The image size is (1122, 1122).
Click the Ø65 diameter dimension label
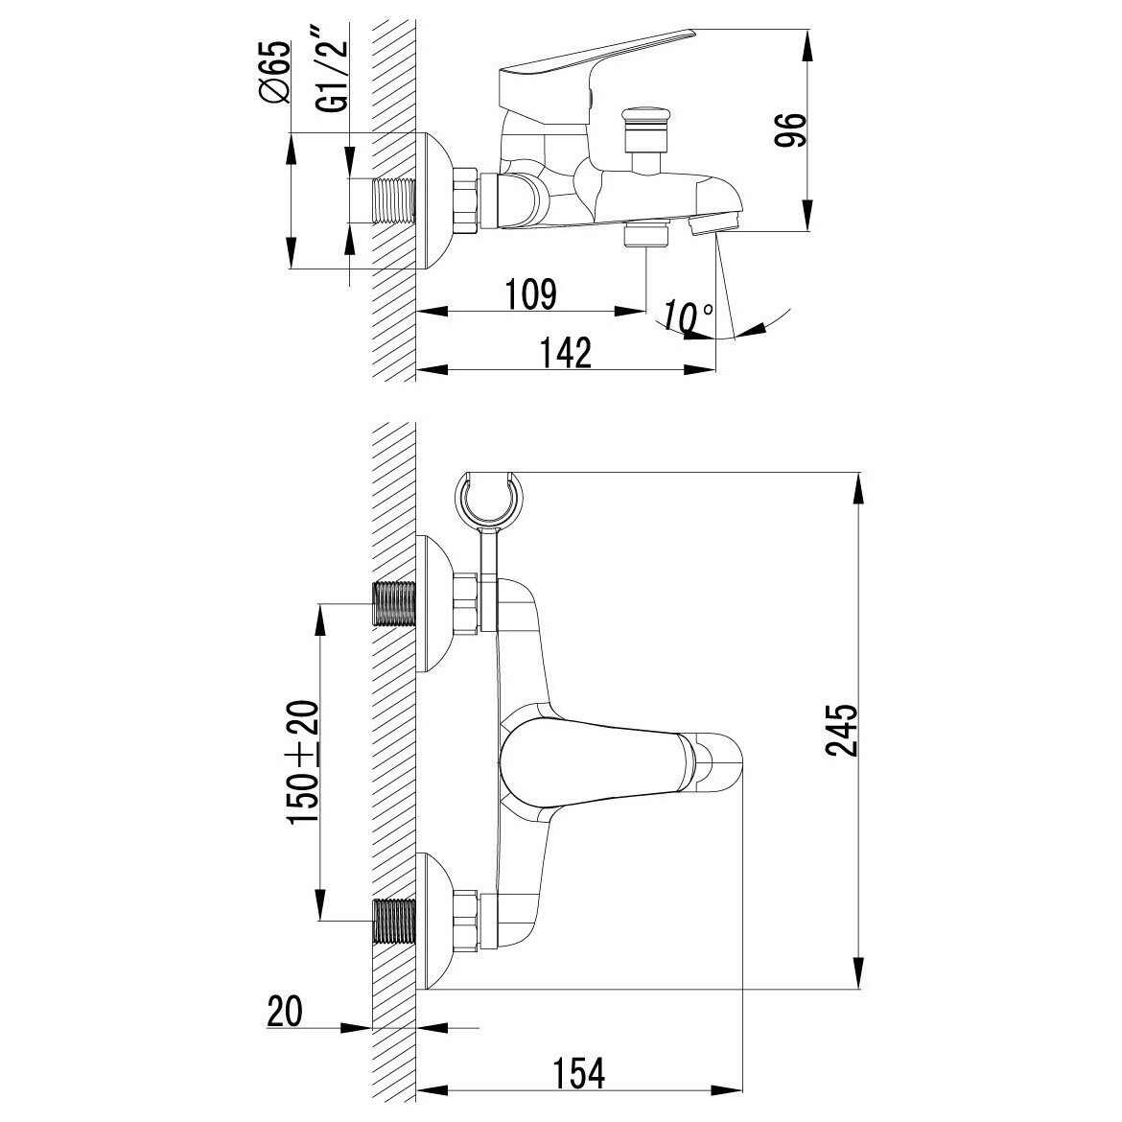click(x=275, y=72)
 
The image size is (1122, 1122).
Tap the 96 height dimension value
click(x=791, y=129)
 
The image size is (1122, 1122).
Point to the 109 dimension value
click(x=530, y=293)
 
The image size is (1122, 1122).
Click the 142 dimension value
click(x=565, y=353)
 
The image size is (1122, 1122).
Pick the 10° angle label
click(x=687, y=316)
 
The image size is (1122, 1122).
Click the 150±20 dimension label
click(x=303, y=762)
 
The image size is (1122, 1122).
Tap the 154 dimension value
click(x=578, y=1073)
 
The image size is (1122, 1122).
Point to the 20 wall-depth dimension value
click(x=285, y=1011)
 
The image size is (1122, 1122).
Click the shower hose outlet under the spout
click(x=645, y=234)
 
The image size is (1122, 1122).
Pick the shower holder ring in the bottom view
click(x=489, y=500)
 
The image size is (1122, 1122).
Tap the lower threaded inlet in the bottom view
click(x=394, y=922)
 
